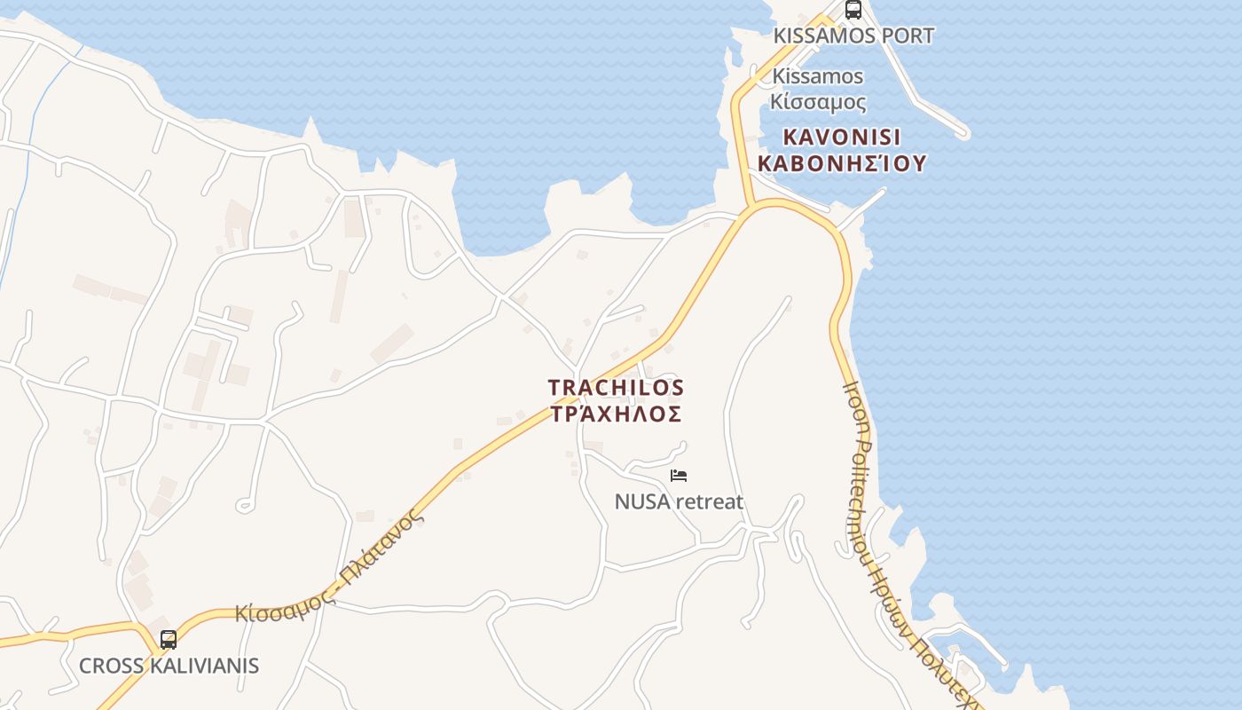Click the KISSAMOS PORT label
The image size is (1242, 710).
(853, 36)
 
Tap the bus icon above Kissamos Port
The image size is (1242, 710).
(853, 10)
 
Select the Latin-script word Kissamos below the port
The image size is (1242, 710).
(817, 76)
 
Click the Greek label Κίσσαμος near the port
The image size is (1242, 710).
(818, 101)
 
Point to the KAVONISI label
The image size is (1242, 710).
(842, 138)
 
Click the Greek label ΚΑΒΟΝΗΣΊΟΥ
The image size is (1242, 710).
(842, 163)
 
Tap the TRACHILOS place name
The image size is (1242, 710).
(616, 388)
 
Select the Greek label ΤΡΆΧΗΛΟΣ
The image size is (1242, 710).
(616, 414)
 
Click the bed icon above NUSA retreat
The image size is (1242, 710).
(679, 476)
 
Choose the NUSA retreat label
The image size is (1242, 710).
(679, 502)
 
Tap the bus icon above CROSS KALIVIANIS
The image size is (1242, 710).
(168, 639)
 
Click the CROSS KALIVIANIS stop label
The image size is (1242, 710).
(169, 666)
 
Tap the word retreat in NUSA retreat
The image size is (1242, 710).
(709, 502)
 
